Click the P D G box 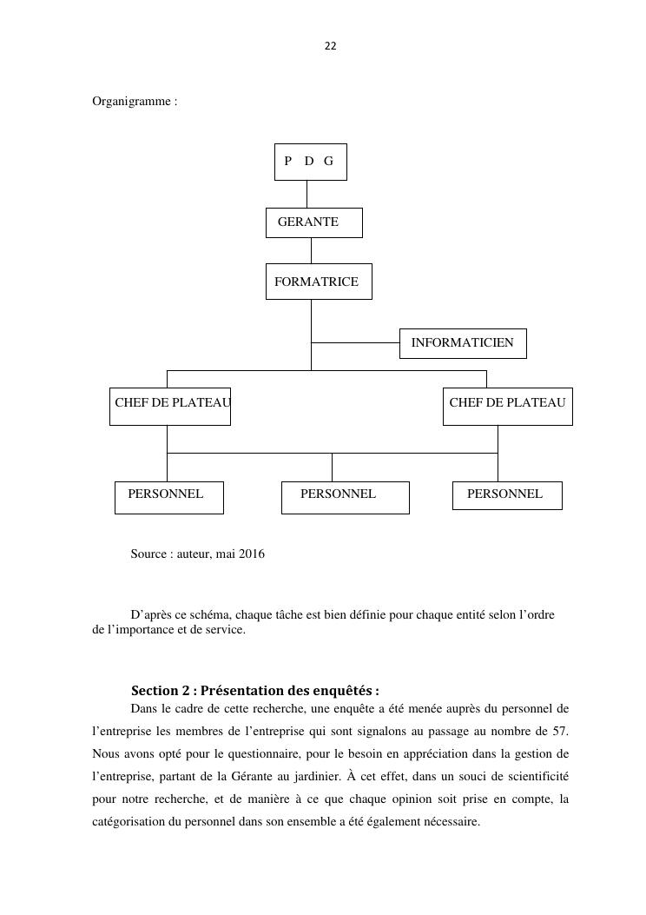(x=310, y=162)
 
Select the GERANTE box (x=313, y=222)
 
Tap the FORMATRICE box (x=318, y=282)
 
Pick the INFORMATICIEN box (x=462, y=343)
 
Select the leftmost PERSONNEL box (x=168, y=497)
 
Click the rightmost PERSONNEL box (x=507, y=494)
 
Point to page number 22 (x=330, y=46)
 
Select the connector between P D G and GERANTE (x=307, y=194)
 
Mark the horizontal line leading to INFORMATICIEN (x=354, y=342)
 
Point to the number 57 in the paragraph (x=560, y=729)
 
